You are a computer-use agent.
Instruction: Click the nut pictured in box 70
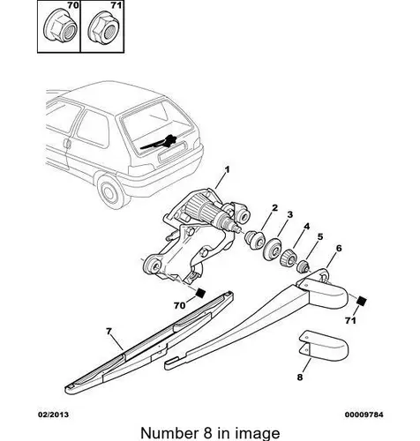click(60, 28)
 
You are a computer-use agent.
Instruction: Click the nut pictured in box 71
click(104, 28)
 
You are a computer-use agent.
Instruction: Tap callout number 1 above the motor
click(227, 169)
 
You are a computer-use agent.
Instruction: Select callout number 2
click(274, 208)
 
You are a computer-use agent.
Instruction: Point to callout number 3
click(290, 214)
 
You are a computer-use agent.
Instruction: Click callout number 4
click(307, 227)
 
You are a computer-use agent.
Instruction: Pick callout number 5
click(320, 236)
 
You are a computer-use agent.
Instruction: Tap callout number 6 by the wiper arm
click(339, 249)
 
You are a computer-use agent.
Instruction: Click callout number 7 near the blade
click(109, 332)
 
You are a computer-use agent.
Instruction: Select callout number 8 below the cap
click(300, 377)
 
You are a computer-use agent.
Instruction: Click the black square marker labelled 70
click(200, 293)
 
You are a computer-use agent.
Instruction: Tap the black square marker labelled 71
click(362, 301)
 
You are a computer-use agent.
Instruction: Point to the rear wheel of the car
click(109, 192)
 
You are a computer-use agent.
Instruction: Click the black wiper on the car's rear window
click(158, 143)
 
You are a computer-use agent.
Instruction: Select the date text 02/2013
click(53, 415)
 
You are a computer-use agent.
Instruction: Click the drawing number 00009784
click(364, 415)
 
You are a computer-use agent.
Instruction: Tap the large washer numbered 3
click(273, 250)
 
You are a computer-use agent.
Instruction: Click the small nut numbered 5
click(303, 267)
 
